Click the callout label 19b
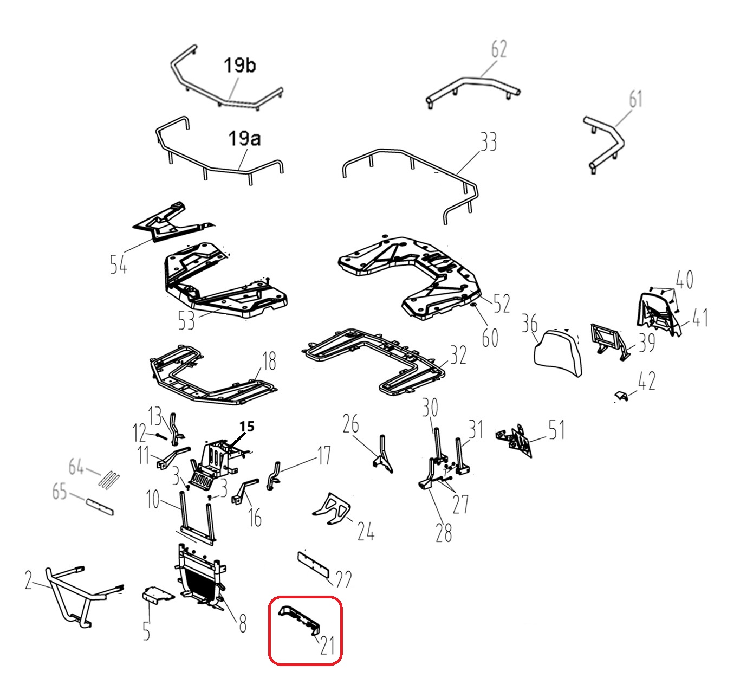tap(239, 66)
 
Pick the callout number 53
tap(186, 321)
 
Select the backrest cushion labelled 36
tap(558, 352)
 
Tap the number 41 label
tap(699, 318)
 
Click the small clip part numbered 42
tap(621, 396)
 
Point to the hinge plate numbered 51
tap(514, 440)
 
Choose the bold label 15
tap(246, 427)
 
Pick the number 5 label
tap(146, 631)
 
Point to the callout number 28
tap(443, 533)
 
